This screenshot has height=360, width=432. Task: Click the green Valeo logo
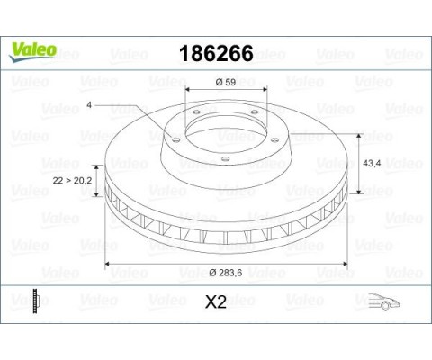(x=32, y=51)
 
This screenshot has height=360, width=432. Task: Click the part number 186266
(x=216, y=54)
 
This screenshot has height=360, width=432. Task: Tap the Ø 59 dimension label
(x=226, y=82)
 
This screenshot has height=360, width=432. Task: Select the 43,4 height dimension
(x=372, y=164)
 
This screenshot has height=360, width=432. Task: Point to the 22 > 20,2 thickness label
(x=72, y=181)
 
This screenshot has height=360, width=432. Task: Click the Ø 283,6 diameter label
(x=226, y=273)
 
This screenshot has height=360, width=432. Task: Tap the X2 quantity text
(x=216, y=301)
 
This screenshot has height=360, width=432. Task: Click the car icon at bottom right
(x=383, y=301)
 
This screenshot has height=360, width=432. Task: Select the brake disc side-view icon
(x=36, y=301)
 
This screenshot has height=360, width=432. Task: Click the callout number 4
(x=89, y=105)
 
